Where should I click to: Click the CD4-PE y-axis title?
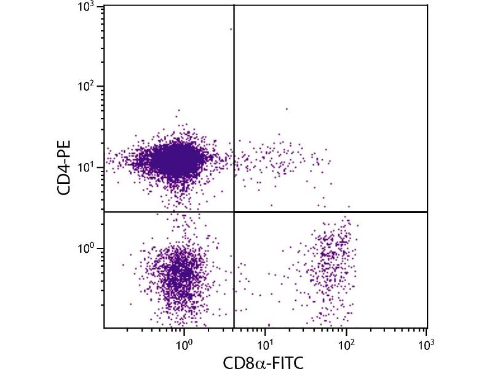click(x=64, y=167)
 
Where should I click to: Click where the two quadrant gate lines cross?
click(x=234, y=212)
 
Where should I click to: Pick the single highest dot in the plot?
click(x=231, y=29)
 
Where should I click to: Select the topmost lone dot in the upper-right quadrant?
click(x=287, y=109)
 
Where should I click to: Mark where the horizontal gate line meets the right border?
click(x=427, y=212)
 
